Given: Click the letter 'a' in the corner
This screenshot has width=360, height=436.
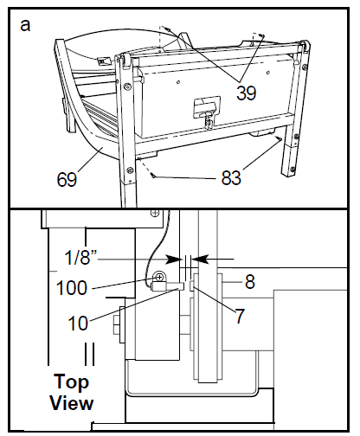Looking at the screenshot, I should [25, 24].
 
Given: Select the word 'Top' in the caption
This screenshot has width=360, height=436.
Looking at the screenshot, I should [72, 381].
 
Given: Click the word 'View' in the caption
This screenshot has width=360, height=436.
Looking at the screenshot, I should [72, 401].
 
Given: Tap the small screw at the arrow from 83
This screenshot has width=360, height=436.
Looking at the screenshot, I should [152, 174].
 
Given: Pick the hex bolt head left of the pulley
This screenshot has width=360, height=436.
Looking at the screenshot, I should [116, 329].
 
